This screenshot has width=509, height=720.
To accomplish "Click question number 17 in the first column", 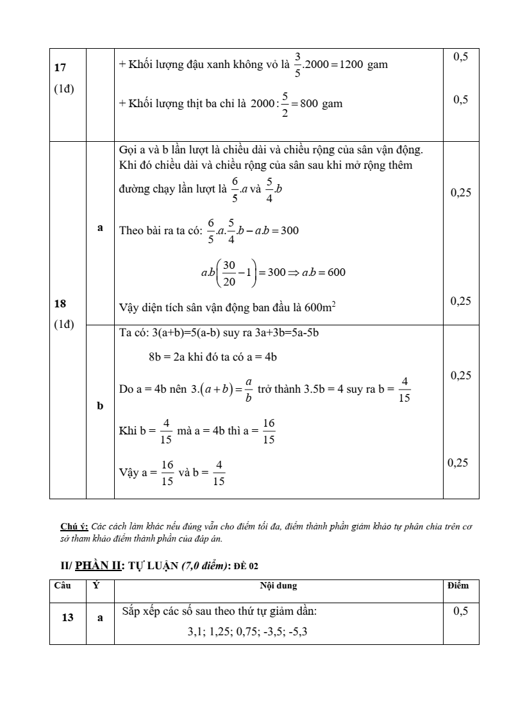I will pos(61,67).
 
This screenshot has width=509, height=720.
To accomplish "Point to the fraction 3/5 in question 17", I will pos(297,65).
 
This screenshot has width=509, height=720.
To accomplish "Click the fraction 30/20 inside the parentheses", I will pos(229,272).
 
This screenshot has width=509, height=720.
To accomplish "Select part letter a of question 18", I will pos(100,227).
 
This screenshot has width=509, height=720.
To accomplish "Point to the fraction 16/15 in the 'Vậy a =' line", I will pos(167,474).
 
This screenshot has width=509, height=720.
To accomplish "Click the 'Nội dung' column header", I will pos(278,586).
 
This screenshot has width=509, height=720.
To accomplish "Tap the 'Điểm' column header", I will pos(458,586).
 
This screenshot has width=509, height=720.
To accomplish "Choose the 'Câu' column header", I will pos(62,586).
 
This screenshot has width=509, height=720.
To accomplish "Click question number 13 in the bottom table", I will pos(67,617).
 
